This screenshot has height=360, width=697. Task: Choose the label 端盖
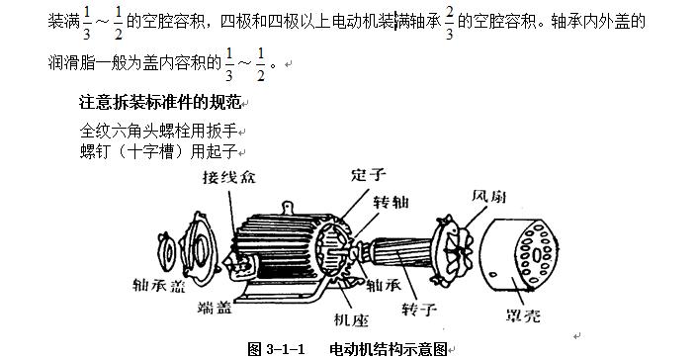click(x=216, y=307)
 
